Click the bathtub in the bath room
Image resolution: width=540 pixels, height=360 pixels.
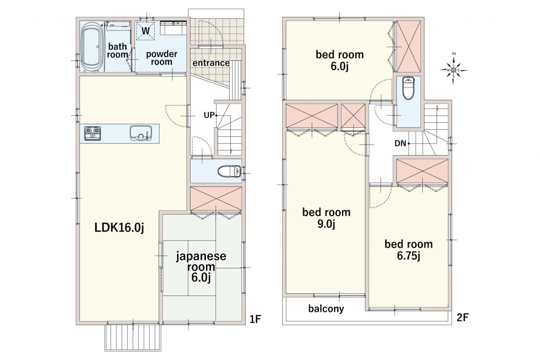[x=92, y=47]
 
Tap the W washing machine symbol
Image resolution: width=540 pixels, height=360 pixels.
[x=146, y=31]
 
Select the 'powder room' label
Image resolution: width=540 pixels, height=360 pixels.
[x=162, y=58]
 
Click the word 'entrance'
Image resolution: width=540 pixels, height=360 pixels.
[x=211, y=63]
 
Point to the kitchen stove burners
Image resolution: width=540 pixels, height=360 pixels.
[x=92, y=133]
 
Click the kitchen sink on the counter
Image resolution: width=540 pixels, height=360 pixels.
[x=141, y=133]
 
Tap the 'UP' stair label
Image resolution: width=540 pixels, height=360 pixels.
[x=209, y=115]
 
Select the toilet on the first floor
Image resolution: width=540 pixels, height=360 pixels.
[x=229, y=171]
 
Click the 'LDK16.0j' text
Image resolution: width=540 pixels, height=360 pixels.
[x=119, y=227]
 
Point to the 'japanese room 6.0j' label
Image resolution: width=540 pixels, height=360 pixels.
[x=201, y=267]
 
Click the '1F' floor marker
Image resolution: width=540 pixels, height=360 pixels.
[x=255, y=319]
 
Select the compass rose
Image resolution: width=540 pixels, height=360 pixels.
[x=454, y=70]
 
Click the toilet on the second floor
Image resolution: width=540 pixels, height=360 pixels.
[x=408, y=88]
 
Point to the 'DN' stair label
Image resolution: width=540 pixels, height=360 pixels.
[x=400, y=143]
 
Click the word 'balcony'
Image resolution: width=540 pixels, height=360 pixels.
[x=326, y=309]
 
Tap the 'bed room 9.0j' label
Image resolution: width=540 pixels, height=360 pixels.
[x=327, y=218]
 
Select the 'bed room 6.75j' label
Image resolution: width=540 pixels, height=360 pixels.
[x=409, y=250]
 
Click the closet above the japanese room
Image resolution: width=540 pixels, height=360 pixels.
[x=216, y=198]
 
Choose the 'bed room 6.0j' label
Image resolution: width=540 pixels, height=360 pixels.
[x=340, y=60]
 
